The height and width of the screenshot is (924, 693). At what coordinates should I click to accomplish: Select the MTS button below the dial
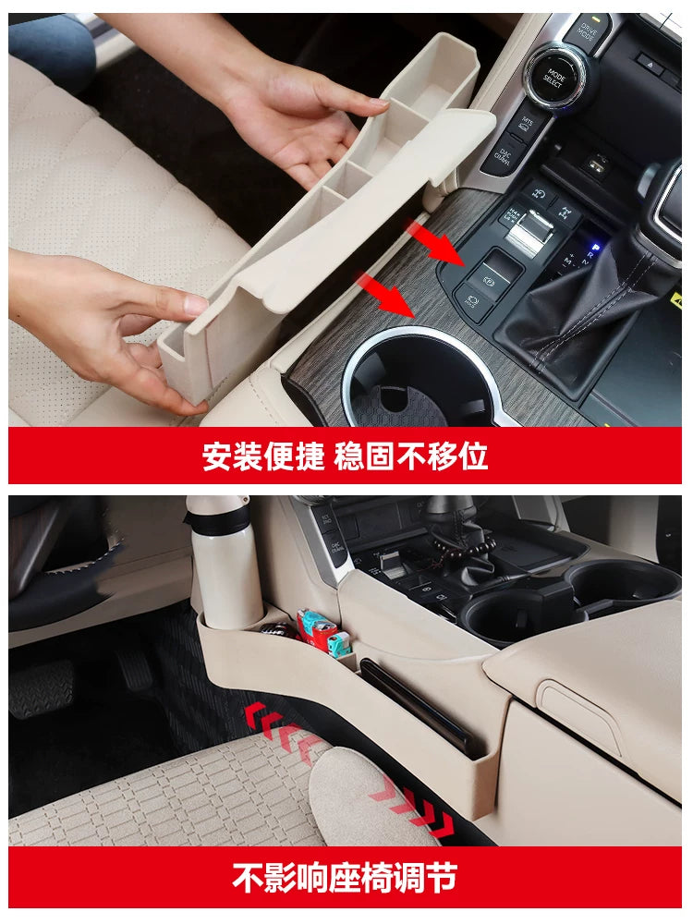pyautogui.click(x=524, y=123)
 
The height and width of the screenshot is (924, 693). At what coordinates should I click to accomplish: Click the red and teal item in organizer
pyautogui.click(x=320, y=632)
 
